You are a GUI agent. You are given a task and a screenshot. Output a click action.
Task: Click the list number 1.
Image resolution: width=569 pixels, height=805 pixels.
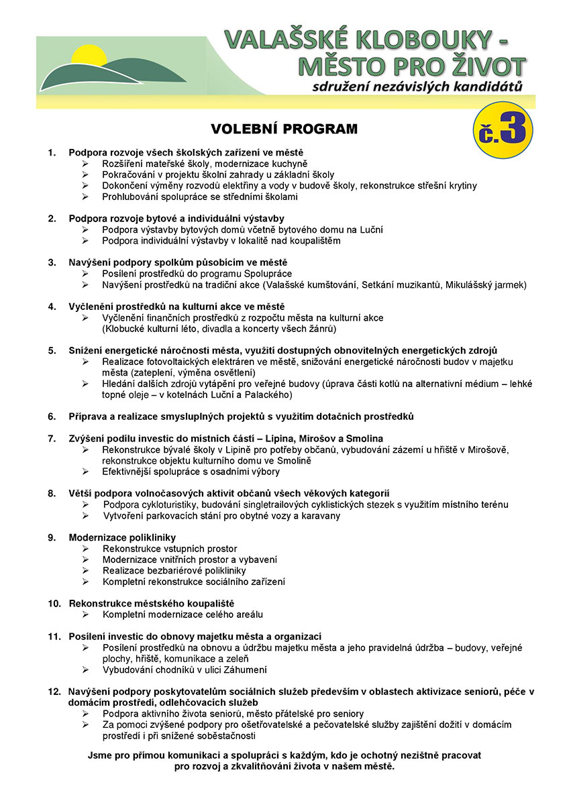(x=51, y=153)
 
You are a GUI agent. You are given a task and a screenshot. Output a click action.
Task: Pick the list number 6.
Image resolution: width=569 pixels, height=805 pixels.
(x=51, y=417)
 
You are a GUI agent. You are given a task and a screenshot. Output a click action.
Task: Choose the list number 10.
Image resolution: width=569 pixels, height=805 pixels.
(x=54, y=604)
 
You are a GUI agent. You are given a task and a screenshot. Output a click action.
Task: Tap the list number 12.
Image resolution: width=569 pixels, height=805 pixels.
(x=54, y=691)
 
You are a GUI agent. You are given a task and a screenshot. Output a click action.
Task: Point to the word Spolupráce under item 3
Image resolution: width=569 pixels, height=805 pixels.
(x=265, y=274)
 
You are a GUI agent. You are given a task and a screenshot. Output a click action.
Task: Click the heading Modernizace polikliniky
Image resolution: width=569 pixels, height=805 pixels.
(x=122, y=537)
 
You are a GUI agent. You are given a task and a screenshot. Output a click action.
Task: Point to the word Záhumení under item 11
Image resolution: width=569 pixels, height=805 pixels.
(x=242, y=669)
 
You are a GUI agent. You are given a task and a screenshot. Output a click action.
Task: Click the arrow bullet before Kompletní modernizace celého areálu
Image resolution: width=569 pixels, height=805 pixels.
(x=85, y=614)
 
